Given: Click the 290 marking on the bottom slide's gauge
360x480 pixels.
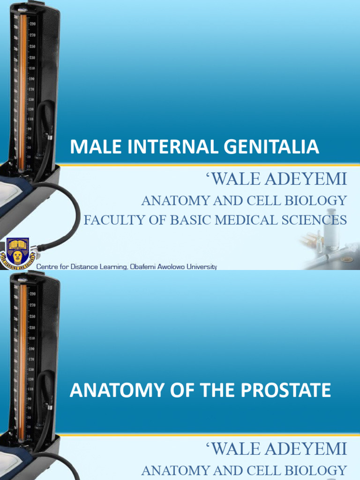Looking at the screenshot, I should [x=33, y=294].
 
